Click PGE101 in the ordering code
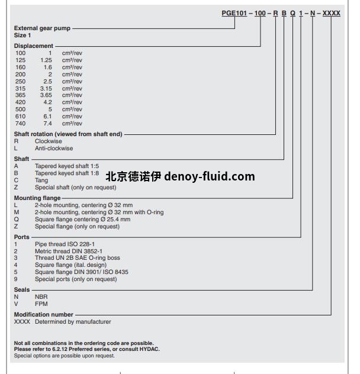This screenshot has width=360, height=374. coord(234,14)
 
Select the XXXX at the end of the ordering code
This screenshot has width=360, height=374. coord(332,14)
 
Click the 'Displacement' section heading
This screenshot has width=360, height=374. coord(33,46)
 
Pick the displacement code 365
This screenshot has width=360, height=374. coord(21,95)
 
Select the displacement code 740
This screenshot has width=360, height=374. coord(21,124)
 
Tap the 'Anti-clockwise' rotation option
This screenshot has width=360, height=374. coord(54,149)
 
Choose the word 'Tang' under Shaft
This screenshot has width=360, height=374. coord(41,180)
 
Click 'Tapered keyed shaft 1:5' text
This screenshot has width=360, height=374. coord(65,166)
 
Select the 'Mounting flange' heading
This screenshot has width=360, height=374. coord(37,198)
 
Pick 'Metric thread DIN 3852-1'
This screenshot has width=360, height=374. coord(68,251)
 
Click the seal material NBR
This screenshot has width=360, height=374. coord(41,297)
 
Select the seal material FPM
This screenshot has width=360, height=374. coord(41,304)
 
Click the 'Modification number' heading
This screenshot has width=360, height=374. coord(43,315)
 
